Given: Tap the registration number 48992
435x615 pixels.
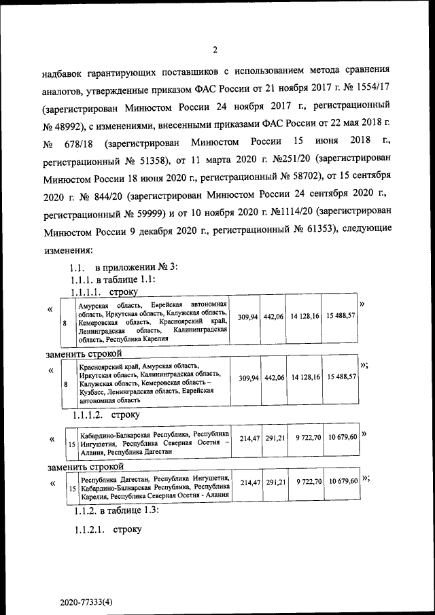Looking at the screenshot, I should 67,126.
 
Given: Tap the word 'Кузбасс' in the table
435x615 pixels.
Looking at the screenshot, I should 93,393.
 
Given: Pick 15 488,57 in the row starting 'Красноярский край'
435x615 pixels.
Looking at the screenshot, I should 341,377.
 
